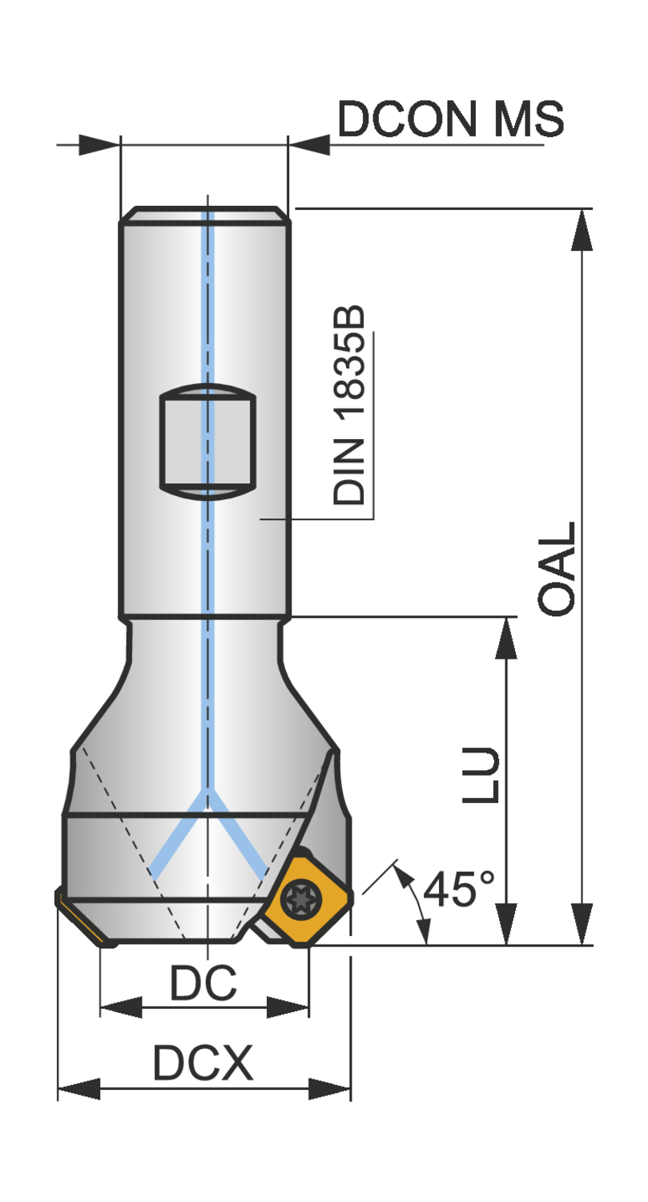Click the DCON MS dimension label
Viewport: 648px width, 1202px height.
450,120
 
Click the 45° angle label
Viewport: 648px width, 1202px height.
459,889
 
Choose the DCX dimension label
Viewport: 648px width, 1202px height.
203,1064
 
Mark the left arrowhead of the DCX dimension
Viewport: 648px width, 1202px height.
78,1088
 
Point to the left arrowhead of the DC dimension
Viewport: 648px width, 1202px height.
120,1007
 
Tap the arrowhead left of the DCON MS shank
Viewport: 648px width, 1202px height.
99,145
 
